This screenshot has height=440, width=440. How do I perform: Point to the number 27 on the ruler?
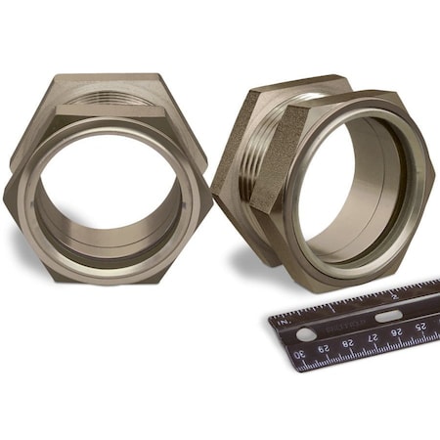pyautogui.click(x=373, y=339)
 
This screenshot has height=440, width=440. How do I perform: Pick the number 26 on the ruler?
pyautogui.click(x=396, y=333)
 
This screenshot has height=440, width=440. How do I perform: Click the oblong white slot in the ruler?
pyautogui.click(x=387, y=316)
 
